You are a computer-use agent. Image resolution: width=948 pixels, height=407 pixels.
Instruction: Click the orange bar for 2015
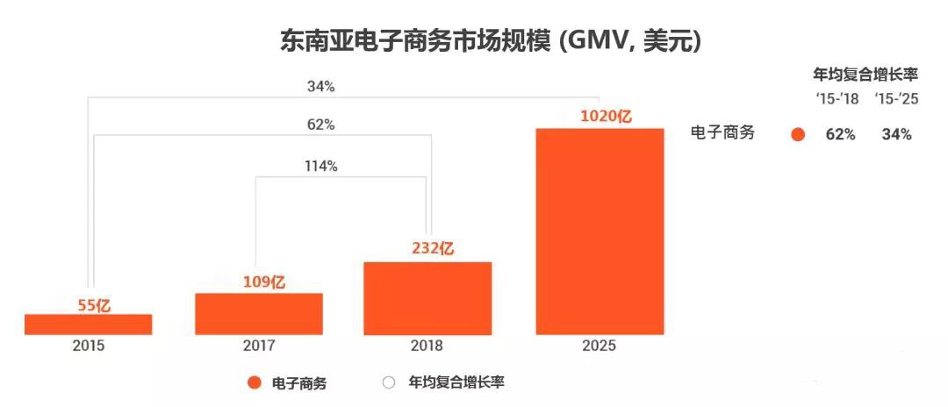(x=88, y=325)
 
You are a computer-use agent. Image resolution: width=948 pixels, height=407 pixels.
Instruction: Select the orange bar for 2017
(x=259, y=314)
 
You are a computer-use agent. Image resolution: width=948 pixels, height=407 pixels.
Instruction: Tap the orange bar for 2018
(x=427, y=298)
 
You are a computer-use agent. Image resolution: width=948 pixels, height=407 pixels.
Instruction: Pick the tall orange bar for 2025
(x=599, y=232)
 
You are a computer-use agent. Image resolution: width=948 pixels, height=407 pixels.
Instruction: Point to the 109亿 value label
(x=259, y=282)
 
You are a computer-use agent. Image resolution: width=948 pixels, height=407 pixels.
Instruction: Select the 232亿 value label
(x=432, y=248)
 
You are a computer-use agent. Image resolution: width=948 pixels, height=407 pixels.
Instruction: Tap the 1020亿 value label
(x=606, y=116)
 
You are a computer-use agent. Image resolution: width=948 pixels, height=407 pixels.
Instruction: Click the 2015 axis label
(x=88, y=346)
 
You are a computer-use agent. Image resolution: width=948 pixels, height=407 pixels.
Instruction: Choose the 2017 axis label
(x=259, y=346)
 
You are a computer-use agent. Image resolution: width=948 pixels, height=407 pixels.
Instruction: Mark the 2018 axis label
(x=427, y=346)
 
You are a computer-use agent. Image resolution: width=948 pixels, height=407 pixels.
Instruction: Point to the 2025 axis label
(x=599, y=346)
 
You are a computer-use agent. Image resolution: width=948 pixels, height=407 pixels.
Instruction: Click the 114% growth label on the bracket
(x=320, y=167)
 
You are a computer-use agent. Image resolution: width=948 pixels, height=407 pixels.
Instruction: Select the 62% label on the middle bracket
(x=320, y=125)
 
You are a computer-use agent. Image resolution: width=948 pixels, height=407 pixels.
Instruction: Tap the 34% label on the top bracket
(x=320, y=86)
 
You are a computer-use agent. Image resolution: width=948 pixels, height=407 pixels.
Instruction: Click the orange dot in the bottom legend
(x=255, y=382)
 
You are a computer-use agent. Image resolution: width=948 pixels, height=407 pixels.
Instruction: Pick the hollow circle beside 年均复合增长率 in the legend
(x=389, y=382)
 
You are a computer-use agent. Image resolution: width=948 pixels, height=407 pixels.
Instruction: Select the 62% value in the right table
(x=840, y=134)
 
